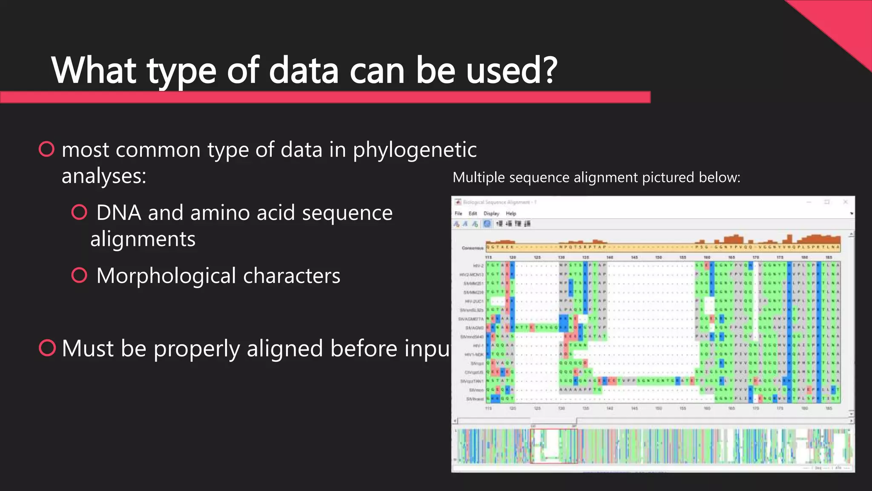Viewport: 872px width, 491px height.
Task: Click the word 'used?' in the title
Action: pos(511,70)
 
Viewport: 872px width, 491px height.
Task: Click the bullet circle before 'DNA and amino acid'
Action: pos(79,212)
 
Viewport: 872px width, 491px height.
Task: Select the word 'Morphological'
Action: pos(166,276)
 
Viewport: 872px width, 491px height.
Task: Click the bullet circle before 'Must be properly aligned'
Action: pos(47,348)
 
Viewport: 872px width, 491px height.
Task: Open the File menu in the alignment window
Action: pos(459,214)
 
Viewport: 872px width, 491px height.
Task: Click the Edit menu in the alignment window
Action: pos(473,214)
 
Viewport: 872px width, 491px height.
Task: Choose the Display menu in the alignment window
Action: pos(491,214)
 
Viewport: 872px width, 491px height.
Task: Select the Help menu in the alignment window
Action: pos(511,214)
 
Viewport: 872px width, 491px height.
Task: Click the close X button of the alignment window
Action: pos(846,202)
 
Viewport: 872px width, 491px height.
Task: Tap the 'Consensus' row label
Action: pos(472,248)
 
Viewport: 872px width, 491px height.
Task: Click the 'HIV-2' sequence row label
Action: pos(478,266)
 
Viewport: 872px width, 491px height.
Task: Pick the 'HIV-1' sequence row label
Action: pos(478,346)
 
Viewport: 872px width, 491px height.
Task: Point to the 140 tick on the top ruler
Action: pos(610,257)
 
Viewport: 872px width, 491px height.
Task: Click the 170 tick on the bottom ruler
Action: pos(756,408)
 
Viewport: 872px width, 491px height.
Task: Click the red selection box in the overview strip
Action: pos(554,446)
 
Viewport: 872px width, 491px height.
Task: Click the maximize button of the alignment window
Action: pos(827,202)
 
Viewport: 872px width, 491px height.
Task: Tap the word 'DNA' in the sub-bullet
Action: pos(118,213)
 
